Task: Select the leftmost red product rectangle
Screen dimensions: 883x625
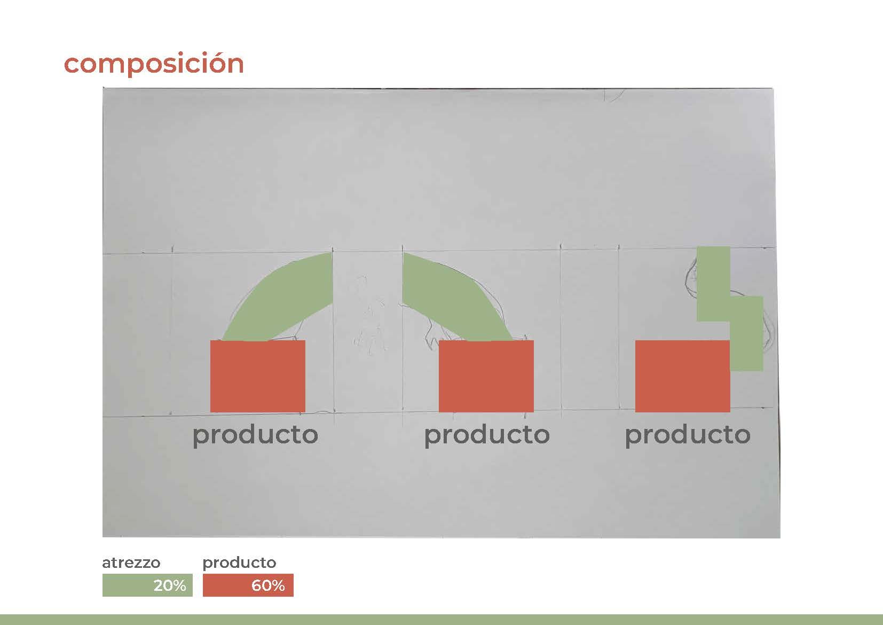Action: [258, 376]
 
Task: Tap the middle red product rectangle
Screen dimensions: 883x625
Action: [486, 376]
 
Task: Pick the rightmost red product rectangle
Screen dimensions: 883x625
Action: [682, 376]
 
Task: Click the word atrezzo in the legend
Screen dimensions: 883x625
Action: [131, 562]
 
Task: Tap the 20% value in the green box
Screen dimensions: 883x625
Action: [170, 585]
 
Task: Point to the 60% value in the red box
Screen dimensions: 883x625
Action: [268, 585]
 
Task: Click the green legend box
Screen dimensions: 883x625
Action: [147, 585]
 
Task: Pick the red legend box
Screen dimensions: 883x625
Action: [248, 585]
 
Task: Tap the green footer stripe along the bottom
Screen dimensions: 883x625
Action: [441, 620]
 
